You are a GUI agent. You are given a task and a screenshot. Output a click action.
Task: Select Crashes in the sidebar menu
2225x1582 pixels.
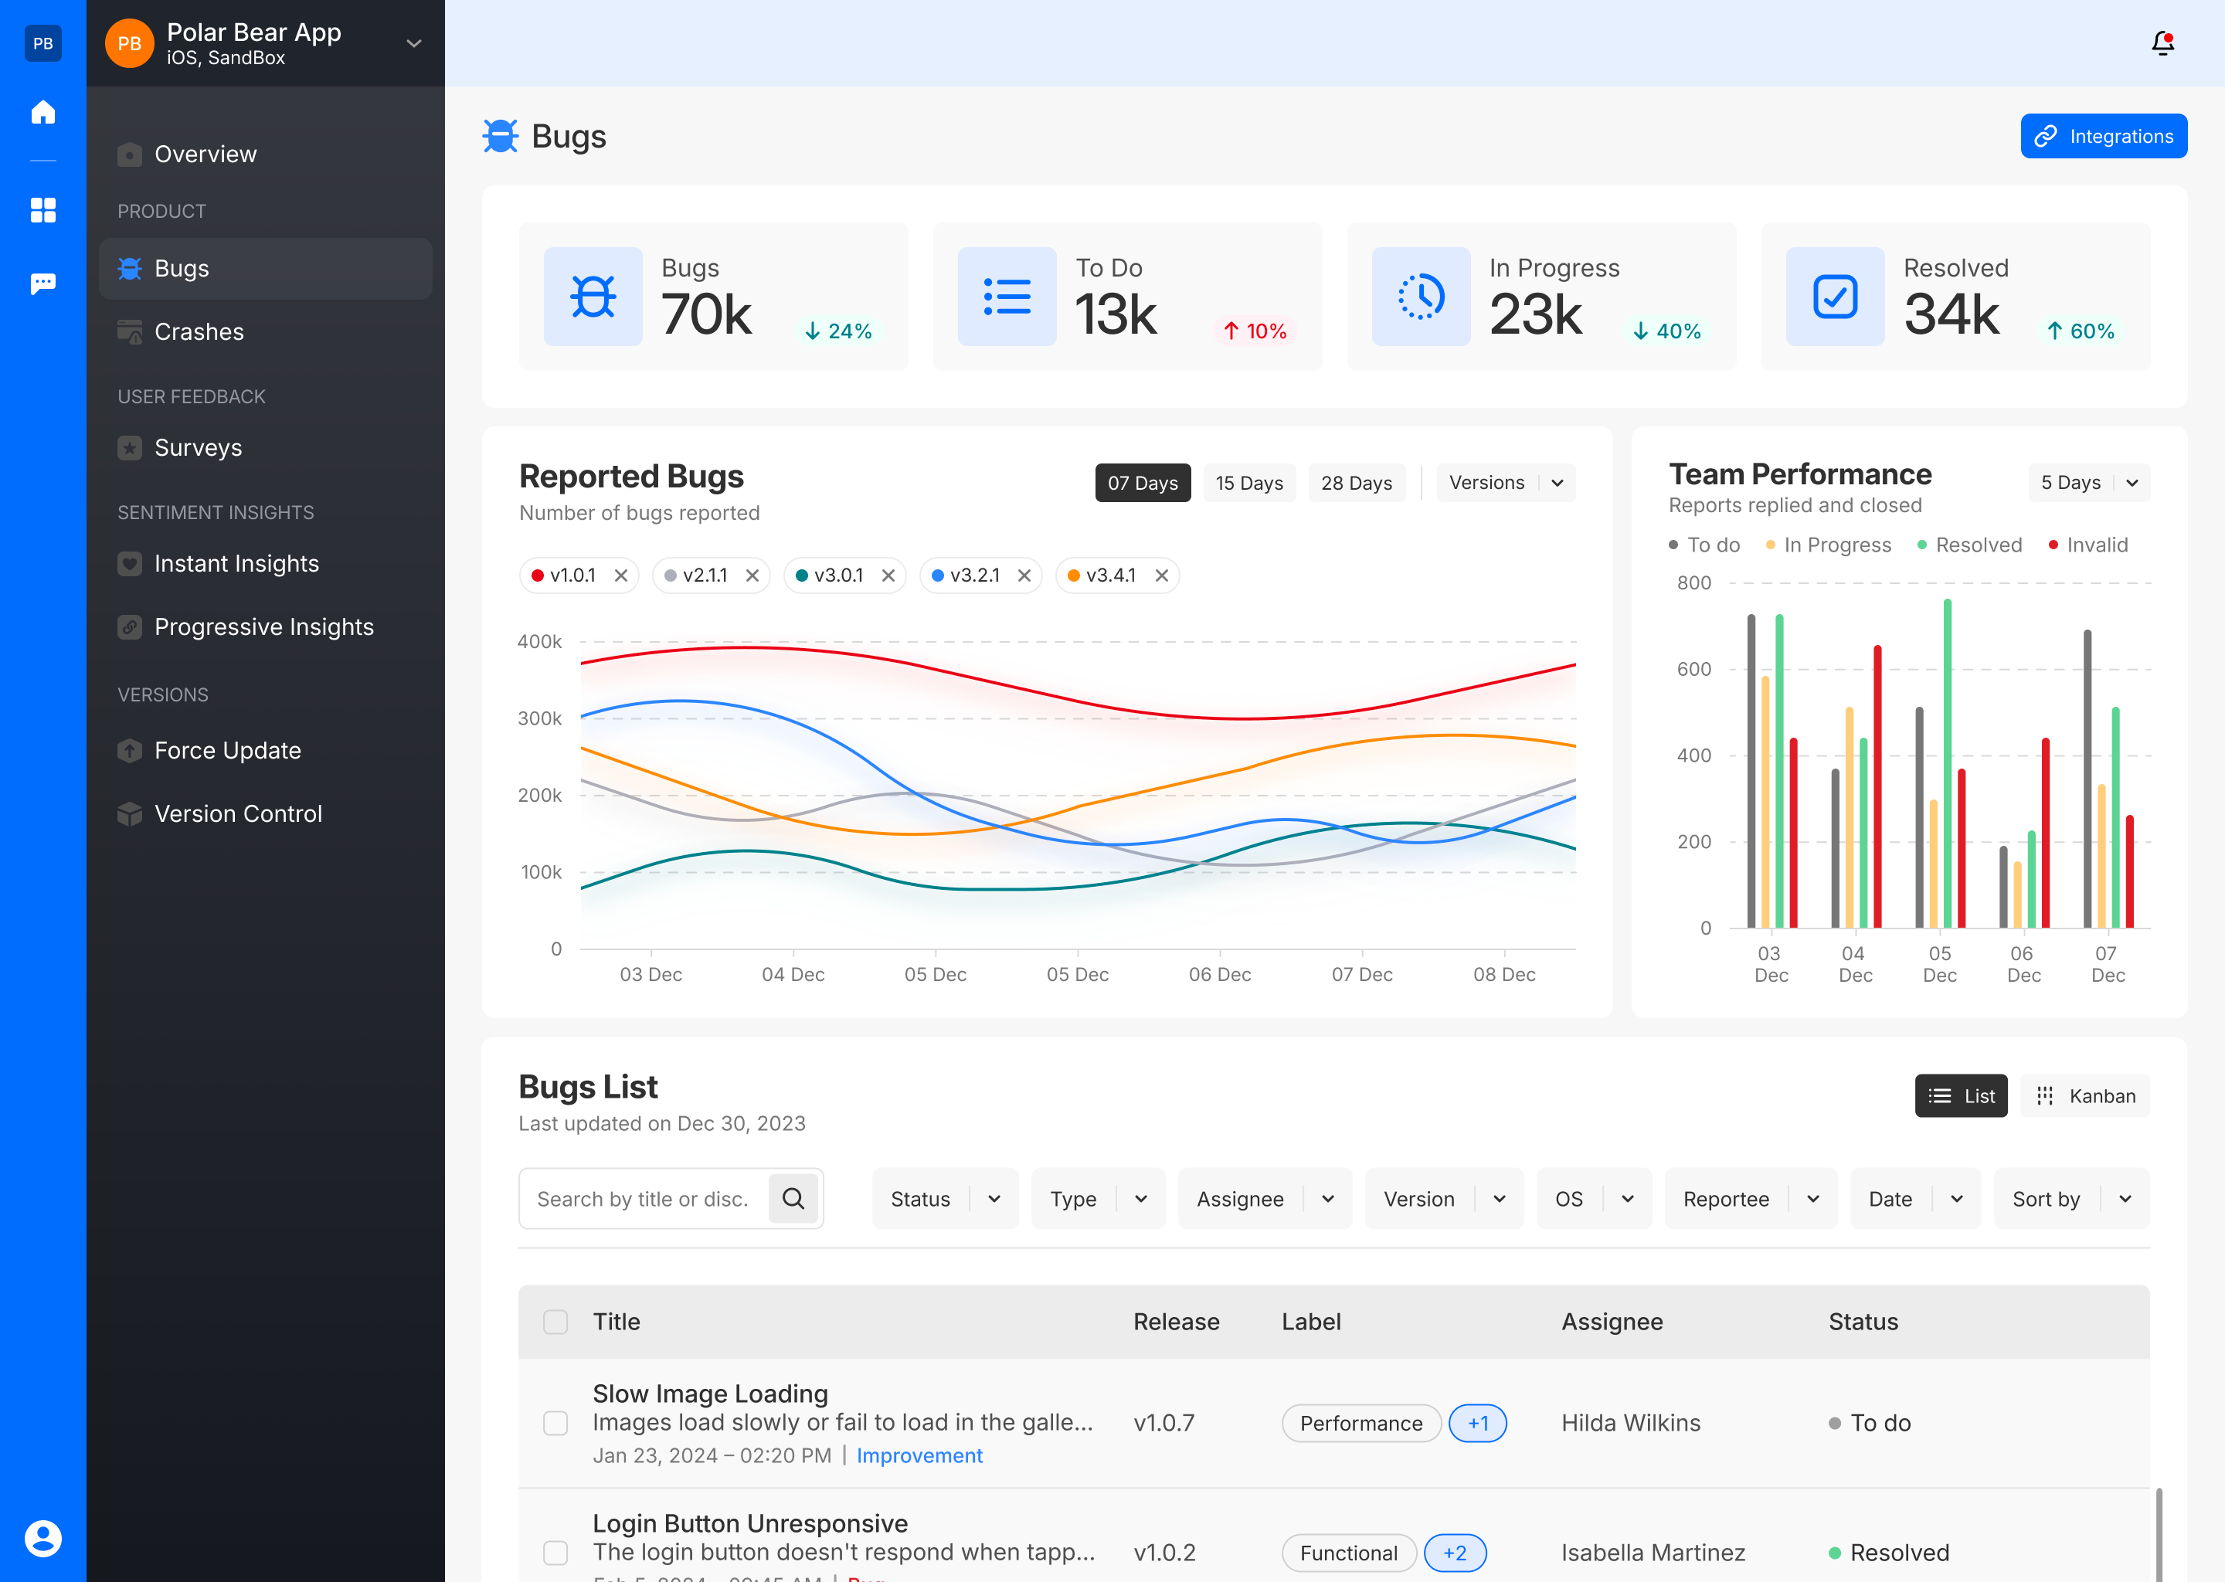199,332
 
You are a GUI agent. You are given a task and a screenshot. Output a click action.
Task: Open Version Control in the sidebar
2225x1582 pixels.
238,814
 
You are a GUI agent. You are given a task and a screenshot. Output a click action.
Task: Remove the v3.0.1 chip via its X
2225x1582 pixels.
888,575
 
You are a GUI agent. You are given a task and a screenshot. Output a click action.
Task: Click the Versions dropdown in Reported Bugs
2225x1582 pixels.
1504,483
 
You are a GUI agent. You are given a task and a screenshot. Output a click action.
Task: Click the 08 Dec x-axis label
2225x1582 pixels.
1503,974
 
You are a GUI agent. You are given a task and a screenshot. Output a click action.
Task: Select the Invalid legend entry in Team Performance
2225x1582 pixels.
2095,545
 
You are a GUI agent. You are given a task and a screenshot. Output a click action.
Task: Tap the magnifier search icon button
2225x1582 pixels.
793,1198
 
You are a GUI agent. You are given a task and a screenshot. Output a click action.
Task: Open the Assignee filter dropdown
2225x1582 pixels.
1263,1199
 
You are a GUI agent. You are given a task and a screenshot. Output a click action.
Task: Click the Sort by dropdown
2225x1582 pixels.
2070,1199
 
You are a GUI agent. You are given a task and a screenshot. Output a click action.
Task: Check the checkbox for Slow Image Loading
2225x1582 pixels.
555,1423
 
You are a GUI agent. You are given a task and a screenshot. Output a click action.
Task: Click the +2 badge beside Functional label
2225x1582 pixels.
1455,1553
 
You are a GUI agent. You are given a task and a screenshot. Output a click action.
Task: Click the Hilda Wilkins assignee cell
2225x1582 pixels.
1630,1423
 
